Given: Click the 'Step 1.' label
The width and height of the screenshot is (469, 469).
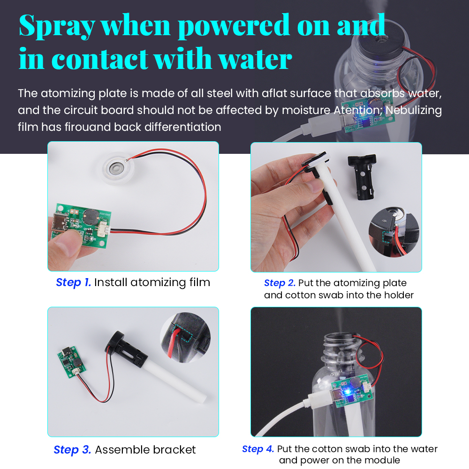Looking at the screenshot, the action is click(73, 282).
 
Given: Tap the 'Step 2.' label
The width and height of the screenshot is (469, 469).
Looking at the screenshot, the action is click(280, 283).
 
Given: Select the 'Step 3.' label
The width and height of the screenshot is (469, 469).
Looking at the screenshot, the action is click(72, 450).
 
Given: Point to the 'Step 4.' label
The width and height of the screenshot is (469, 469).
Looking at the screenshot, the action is click(258, 449).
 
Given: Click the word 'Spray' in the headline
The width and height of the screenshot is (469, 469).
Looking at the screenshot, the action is click(57, 26).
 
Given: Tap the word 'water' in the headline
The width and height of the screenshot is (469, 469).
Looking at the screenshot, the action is click(255, 59).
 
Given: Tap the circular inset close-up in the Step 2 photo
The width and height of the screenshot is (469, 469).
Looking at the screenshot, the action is click(393, 232).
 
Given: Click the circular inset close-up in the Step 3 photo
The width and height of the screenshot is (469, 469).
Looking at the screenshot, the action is click(185, 338).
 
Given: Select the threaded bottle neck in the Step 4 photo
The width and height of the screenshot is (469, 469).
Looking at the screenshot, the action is click(341, 349).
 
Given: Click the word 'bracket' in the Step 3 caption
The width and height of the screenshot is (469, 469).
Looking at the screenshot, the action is click(174, 450).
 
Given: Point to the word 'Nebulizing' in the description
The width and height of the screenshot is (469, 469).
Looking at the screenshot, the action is click(414, 110).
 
